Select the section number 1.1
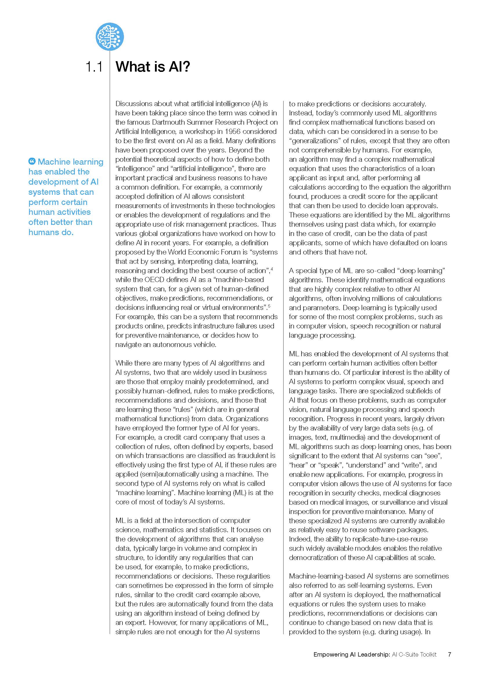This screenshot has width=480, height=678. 94,67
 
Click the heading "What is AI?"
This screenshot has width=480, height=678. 153,66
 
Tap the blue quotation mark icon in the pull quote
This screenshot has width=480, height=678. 32,161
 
